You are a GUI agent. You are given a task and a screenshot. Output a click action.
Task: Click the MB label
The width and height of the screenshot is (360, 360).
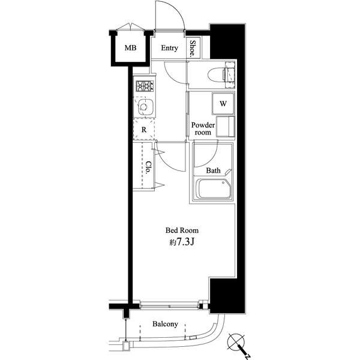(130, 48)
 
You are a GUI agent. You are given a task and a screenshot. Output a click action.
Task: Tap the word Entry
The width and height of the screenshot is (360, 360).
(169, 48)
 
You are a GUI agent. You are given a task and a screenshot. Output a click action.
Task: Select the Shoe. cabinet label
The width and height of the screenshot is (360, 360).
(193, 49)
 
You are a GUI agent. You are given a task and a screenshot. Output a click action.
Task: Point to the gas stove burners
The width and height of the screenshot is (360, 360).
(145, 86)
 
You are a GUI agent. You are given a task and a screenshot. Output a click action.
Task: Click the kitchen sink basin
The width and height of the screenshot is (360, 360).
(145, 107)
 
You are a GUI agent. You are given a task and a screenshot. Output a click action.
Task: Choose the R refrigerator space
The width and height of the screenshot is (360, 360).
(144, 130)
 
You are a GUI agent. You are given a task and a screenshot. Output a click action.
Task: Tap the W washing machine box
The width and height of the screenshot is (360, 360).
(223, 104)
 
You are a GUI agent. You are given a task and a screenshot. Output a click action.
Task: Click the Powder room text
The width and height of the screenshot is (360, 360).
(203, 129)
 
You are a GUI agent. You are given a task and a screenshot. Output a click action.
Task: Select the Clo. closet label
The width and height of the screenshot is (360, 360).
(149, 167)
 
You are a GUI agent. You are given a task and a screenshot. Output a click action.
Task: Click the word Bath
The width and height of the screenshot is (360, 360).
(213, 170)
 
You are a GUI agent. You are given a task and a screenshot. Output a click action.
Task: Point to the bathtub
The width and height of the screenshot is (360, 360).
(214, 188)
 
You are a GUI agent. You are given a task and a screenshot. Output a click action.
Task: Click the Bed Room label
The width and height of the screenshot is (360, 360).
(182, 230)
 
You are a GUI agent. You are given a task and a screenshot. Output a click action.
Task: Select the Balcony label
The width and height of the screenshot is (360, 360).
(165, 324)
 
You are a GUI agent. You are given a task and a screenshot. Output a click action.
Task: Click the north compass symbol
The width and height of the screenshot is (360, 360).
(238, 344)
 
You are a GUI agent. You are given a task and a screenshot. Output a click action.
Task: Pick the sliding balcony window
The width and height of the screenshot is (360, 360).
(169, 306)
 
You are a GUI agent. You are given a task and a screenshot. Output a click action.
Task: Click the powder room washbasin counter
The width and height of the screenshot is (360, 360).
(226, 127)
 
